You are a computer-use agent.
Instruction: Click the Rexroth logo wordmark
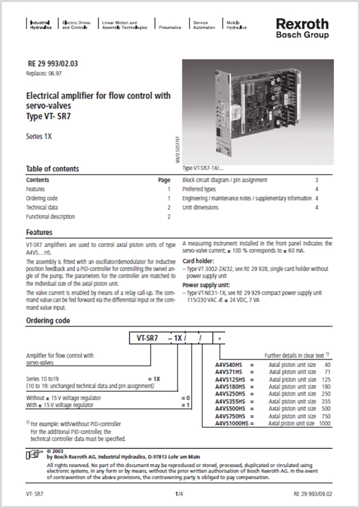[302, 23]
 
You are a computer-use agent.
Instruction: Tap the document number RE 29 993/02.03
[53, 64]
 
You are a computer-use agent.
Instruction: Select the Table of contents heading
[52, 169]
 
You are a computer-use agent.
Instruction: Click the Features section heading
[39, 232]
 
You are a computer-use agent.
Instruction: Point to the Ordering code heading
[48, 321]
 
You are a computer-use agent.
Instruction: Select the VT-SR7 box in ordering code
[146, 338]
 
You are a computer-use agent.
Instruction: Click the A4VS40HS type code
[230, 365]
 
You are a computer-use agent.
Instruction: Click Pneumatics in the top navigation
[170, 28]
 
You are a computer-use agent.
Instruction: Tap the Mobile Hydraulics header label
[236, 25]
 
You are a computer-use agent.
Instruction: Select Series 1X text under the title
[39, 136]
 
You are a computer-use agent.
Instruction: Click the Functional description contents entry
[52, 217]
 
